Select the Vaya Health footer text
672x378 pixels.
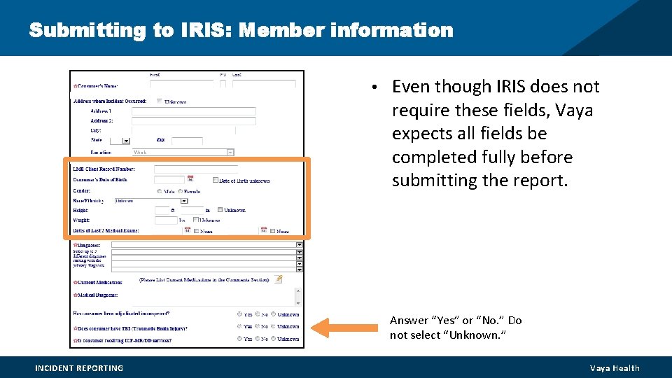(615, 368)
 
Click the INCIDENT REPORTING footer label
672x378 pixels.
(79, 368)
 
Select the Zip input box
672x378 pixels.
(187, 141)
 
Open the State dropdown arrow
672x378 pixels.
(126, 141)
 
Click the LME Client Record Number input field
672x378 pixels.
(195, 169)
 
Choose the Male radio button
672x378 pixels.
(160, 191)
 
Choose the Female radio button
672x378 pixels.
(180, 191)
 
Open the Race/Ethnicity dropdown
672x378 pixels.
(184, 200)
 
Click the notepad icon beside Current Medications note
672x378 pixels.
(278, 279)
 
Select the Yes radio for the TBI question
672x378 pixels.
(239, 326)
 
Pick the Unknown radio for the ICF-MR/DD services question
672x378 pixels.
(274, 339)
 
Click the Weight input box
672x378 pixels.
(165, 220)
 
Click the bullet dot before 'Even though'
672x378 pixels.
(375, 87)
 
